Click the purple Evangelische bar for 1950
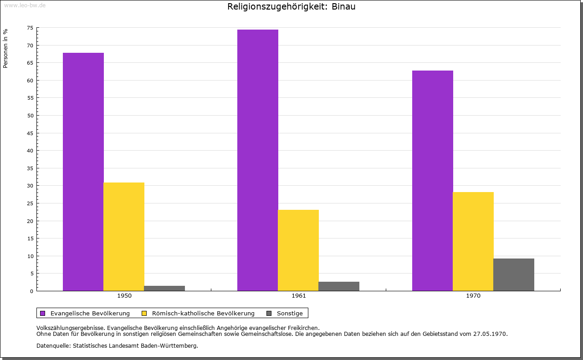(83, 172)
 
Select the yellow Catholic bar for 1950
(124, 237)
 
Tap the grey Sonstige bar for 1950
(164, 288)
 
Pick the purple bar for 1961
(258, 160)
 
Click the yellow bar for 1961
(298, 250)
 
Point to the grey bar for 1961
(339, 286)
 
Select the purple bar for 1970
(433, 181)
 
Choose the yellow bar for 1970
(473, 241)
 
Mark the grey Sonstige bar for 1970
(514, 275)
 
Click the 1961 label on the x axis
(298, 296)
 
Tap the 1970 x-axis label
(473, 296)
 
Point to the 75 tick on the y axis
(30, 28)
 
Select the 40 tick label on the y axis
(30, 151)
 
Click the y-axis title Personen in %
(5, 48)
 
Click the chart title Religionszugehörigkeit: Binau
(291, 6)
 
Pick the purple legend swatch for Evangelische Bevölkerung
(43, 314)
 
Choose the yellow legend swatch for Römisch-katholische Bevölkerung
(144, 314)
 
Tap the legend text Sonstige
(290, 314)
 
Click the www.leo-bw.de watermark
(25, 5)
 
